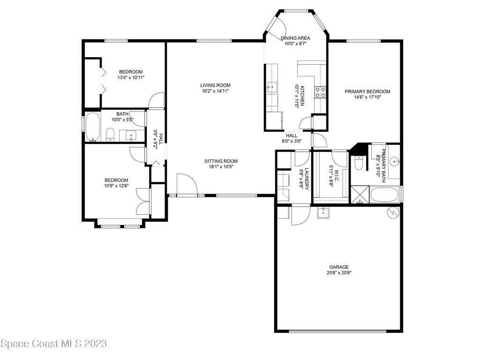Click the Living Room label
[x=215, y=85]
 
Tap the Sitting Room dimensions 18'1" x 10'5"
[x=221, y=166]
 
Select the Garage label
[x=339, y=267]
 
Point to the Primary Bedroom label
[x=367, y=91]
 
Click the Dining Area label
[x=295, y=38]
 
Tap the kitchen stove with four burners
[x=320, y=92]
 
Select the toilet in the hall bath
[x=110, y=135]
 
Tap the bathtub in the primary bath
[x=384, y=195]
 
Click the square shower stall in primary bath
[x=360, y=195]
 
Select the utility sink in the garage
[x=323, y=213]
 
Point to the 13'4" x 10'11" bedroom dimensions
[x=131, y=77]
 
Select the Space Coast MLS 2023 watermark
[x=53, y=344]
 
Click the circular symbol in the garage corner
[x=393, y=212]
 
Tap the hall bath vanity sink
[x=131, y=135]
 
